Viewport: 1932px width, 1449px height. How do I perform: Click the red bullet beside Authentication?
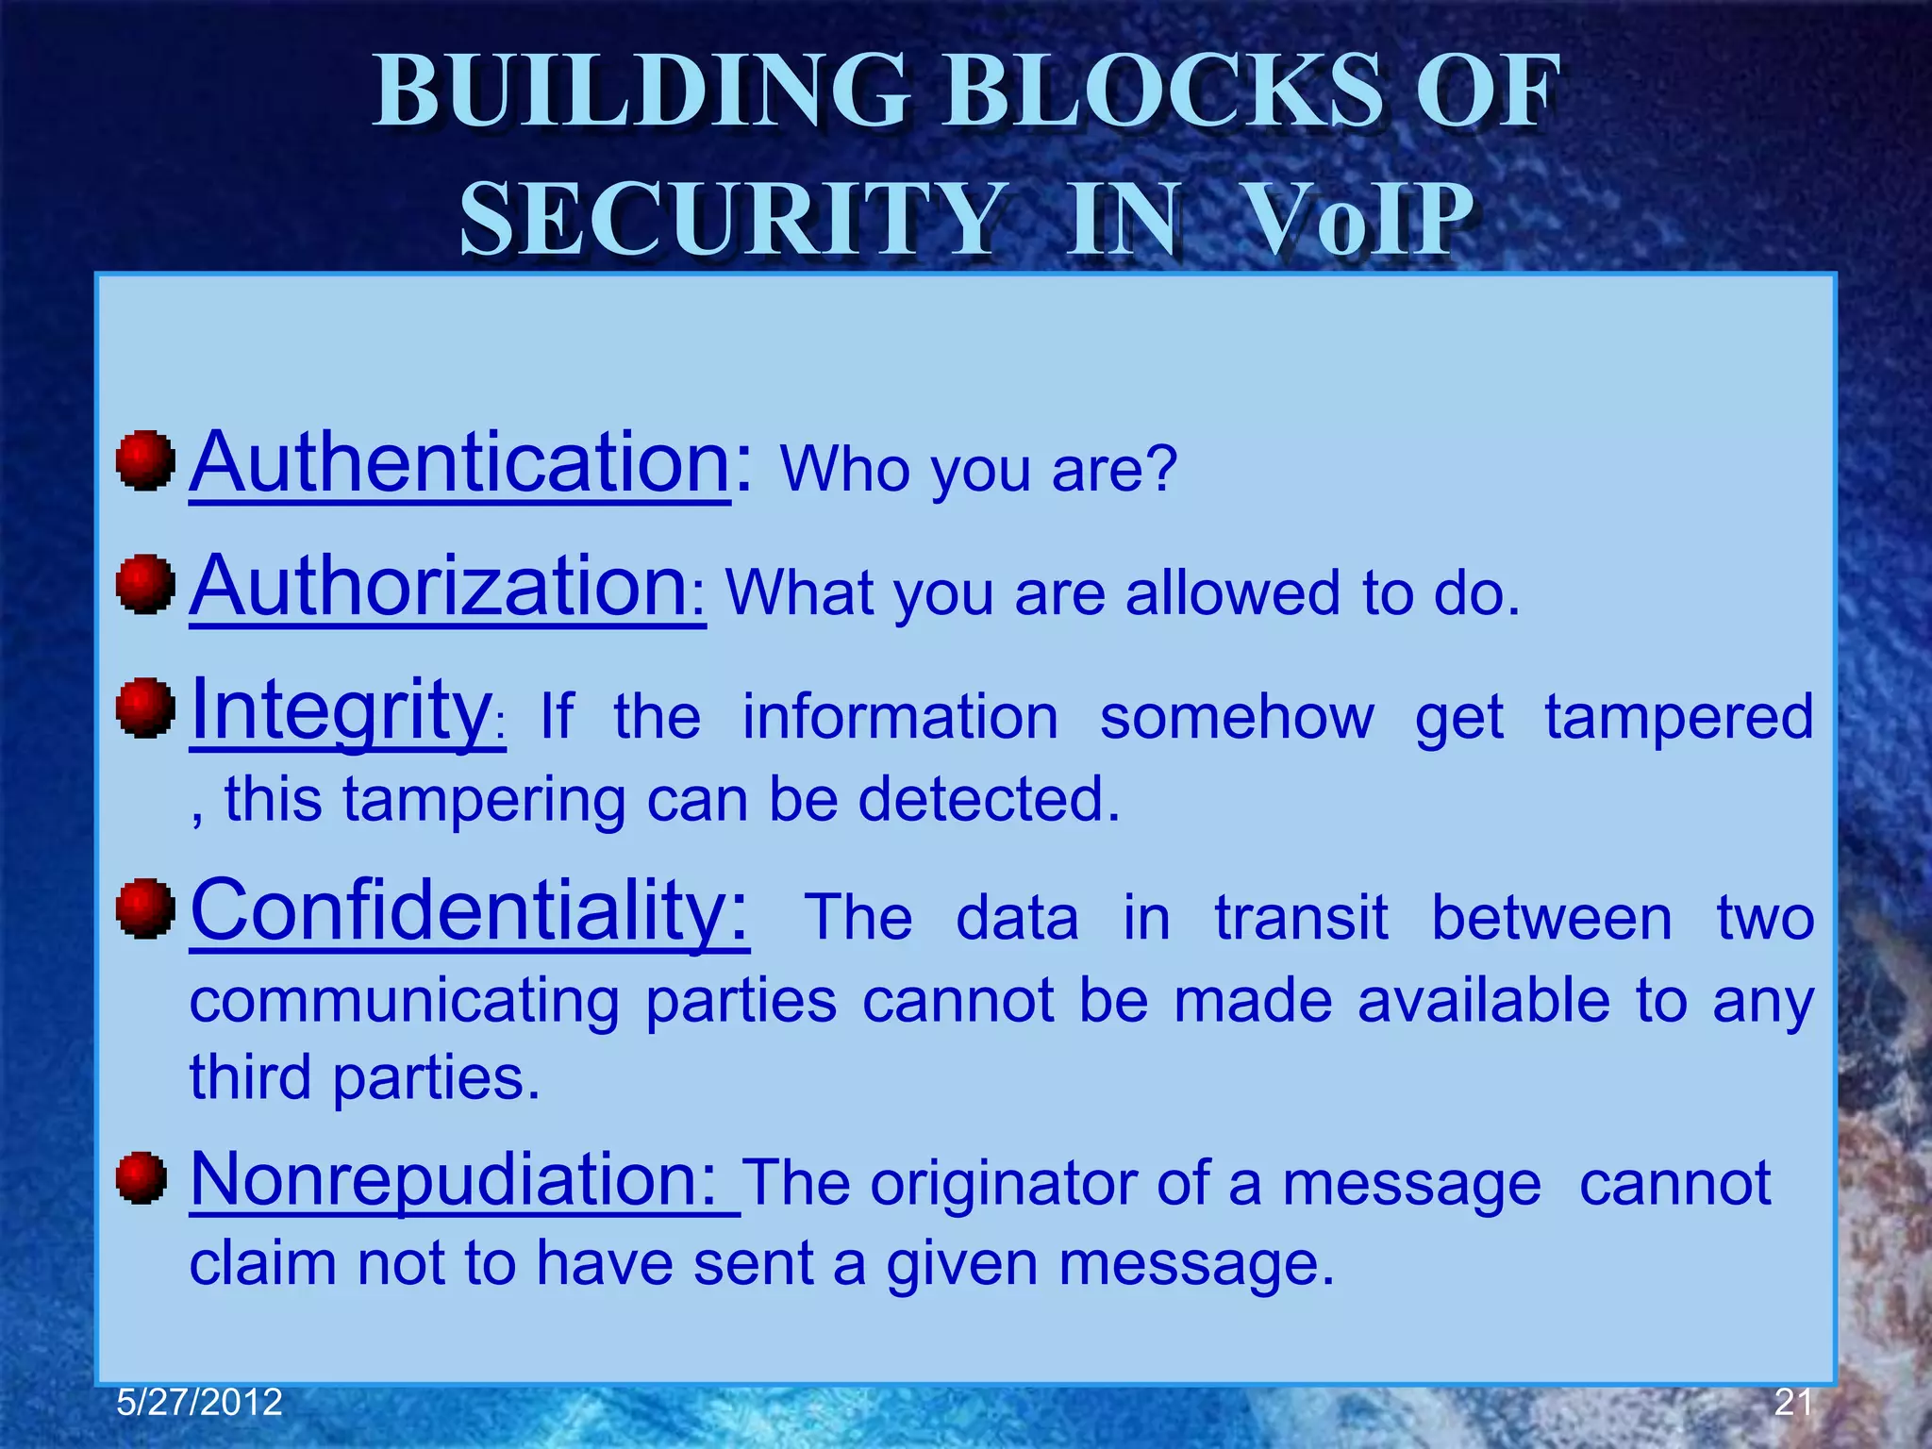[145, 461]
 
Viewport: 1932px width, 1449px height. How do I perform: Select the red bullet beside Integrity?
[145, 708]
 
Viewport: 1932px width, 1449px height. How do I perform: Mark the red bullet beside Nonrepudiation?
[142, 1177]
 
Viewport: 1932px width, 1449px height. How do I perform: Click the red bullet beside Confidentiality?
[145, 908]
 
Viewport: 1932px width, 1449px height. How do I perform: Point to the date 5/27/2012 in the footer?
[199, 1403]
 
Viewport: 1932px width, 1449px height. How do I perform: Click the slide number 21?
[1793, 1403]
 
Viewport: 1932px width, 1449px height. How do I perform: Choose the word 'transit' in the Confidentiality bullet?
[1301, 917]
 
